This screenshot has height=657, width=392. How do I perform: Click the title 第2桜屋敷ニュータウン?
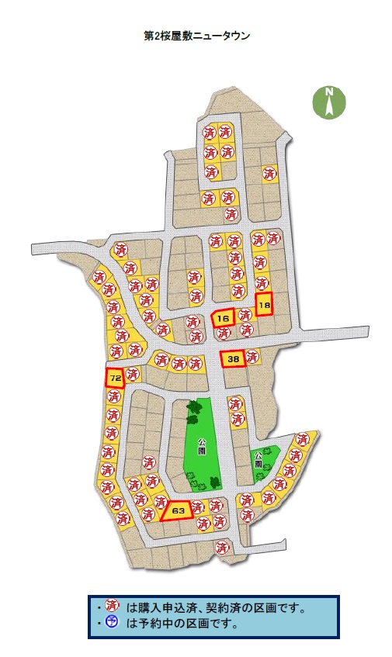click(196, 36)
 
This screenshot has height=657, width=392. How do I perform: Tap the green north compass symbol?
click(329, 103)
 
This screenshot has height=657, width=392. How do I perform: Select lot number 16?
click(224, 318)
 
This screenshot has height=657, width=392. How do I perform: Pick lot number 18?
click(265, 305)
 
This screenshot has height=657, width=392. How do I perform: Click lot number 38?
click(233, 358)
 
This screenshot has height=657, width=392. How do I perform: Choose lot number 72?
click(115, 378)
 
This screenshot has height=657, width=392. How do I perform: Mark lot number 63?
click(178, 510)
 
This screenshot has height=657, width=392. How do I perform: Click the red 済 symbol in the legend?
click(111, 607)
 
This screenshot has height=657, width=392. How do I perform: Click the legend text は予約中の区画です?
click(182, 623)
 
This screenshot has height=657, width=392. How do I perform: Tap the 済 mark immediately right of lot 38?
click(252, 358)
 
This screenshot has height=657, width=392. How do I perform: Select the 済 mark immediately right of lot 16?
click(244, 316)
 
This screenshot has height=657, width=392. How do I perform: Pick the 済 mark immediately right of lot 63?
click(198, 507)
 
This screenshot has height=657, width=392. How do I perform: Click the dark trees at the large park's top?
click(192, 411)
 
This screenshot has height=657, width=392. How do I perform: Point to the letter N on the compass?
click(329, 94)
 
